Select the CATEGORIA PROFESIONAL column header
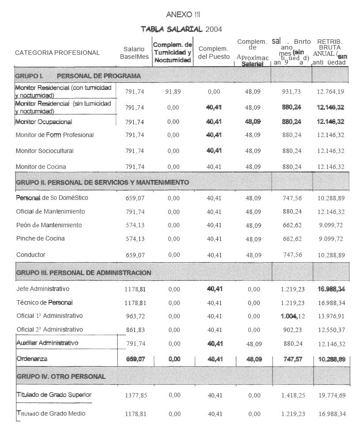coord(57,53)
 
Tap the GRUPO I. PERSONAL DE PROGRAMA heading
coord(78,76)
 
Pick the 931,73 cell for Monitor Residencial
coord(292,92)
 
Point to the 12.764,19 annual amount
coord(330,92)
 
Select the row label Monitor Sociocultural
coord(45,151)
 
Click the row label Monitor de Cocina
coord(41,167)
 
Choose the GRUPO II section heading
coord(102,182)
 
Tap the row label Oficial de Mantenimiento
coord(50,211)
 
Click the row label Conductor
coord(30,255)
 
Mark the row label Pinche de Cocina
coord(40,238)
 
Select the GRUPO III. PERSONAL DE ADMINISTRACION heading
coord(83,272)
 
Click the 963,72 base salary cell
coord(135,316)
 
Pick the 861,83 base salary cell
coord(135,330)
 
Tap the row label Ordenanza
coord(31,359)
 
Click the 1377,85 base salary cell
coord(136,395)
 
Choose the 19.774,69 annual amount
coord(331,395)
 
